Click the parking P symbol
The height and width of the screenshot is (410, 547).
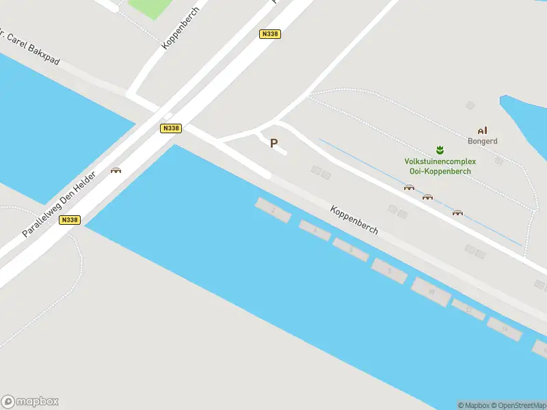point(274,143)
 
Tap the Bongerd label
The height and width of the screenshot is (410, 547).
point(482,141)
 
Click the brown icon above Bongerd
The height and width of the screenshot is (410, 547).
point(482,131)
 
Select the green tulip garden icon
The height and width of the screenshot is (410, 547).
point(440,150)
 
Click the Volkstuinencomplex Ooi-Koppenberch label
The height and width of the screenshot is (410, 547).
point(440,166)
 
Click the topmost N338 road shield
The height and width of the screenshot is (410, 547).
point(270,33)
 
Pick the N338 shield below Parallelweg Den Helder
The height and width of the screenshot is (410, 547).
point(69,219)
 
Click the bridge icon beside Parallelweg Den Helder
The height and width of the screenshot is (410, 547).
point(116,170)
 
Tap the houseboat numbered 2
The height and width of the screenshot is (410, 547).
point(273,210)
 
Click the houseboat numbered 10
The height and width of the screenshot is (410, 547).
point(431,292)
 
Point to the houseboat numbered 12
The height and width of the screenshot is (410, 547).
point(468,310)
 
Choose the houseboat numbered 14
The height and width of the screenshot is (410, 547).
point(505,329)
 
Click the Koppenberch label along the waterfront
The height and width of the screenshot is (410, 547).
point(354,220)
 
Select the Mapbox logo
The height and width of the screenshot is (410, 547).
point(30,402)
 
